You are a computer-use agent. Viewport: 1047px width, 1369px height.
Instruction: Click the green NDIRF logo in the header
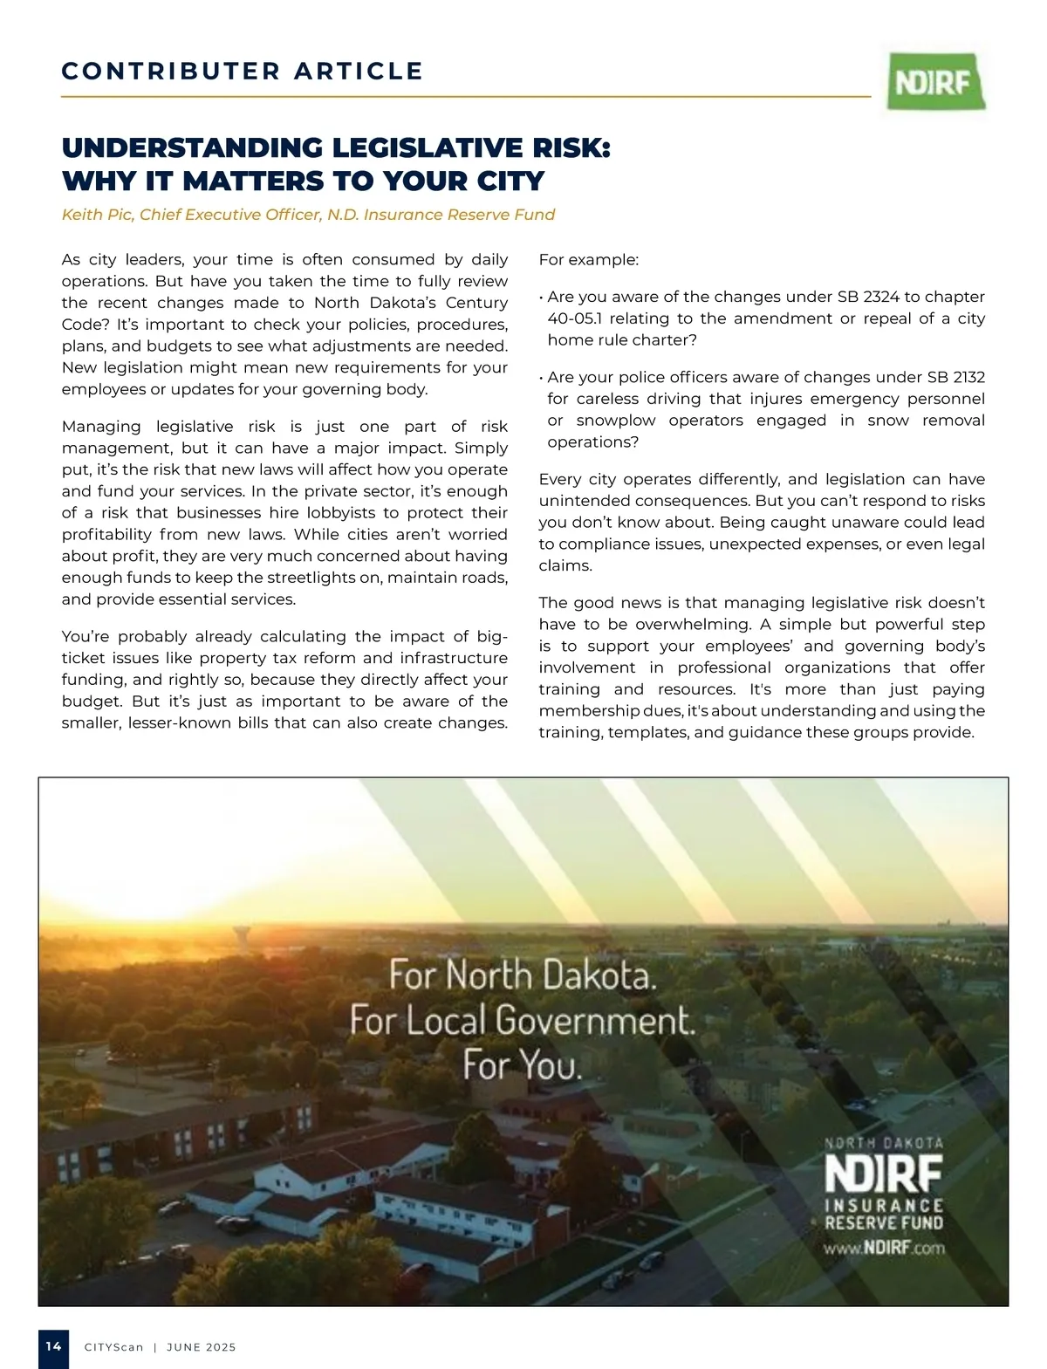click(x=936, y=81)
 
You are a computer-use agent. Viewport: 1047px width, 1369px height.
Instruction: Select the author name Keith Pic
click(x=97, y=215)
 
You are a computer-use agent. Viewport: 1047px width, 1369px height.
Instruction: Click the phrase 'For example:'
click(x=589, y=260)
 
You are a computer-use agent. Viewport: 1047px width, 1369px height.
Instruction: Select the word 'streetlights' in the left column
click(x=335, y=578)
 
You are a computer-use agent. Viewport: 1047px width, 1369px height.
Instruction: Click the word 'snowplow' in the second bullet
click(x=616, y=421)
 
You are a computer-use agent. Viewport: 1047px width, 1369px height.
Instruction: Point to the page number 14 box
click(x=53, y=1346)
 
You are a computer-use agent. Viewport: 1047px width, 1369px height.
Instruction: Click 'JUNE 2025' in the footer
click(x=201, y=1347)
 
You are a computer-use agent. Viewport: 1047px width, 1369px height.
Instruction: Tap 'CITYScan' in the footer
click(x=113, y=1347)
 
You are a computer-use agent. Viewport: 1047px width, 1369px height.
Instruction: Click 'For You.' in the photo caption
click(x=522, y=1064)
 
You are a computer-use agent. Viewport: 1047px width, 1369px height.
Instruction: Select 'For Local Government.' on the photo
click(x=522, y=1020)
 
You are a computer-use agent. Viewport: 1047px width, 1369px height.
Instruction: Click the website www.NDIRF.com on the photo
click(x=884, y=1247)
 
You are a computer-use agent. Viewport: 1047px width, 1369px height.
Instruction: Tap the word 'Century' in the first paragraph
click(x=476, y=303)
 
